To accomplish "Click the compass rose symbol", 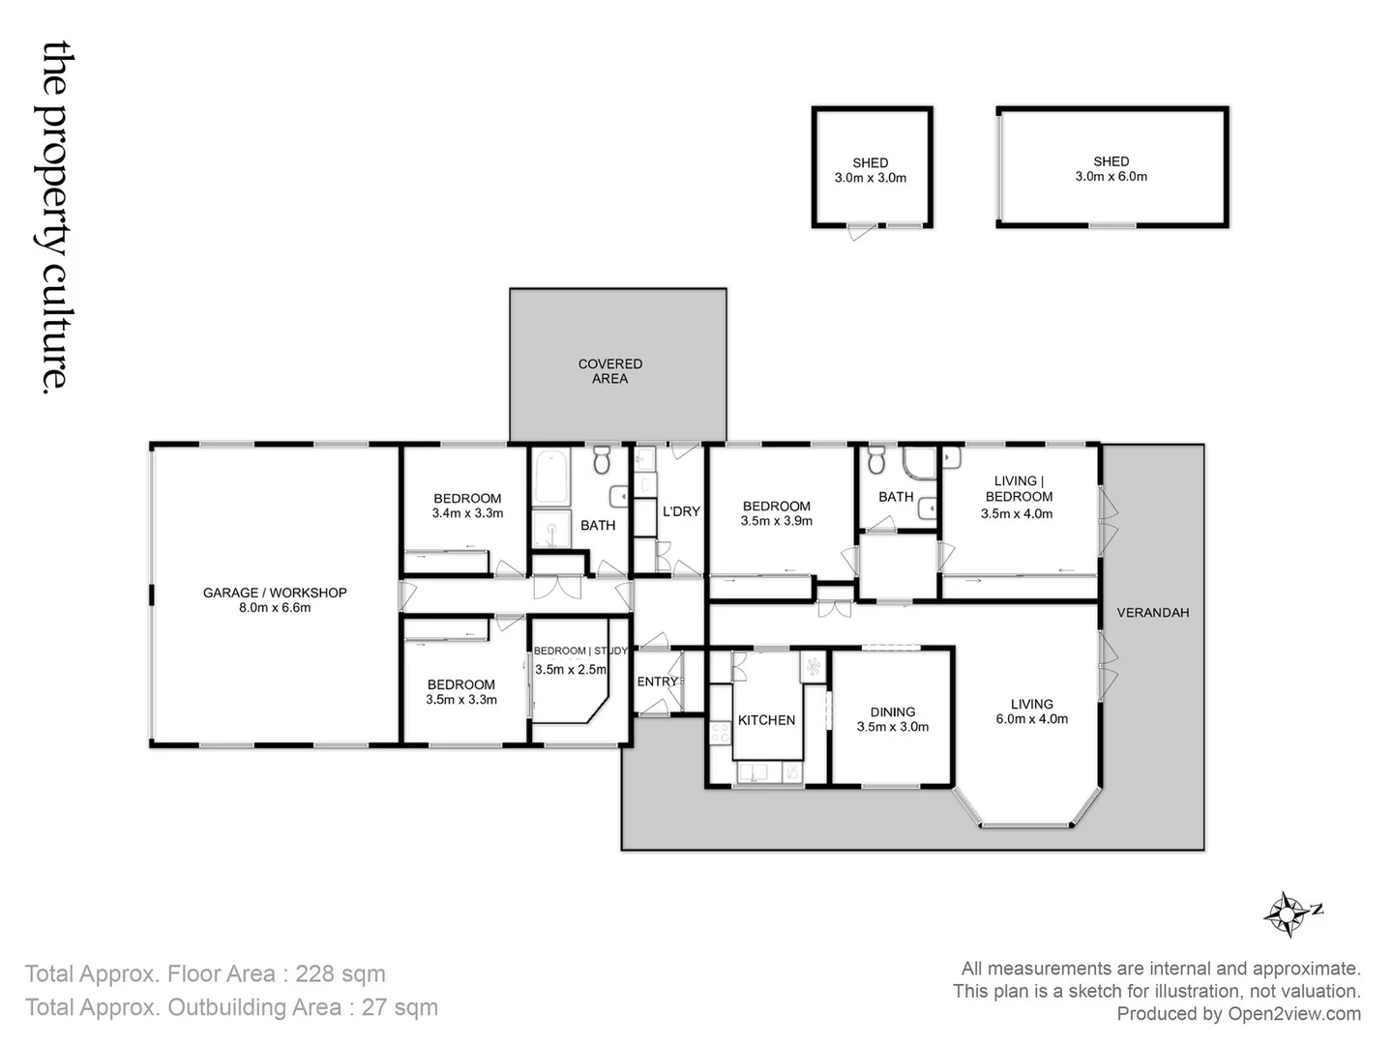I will [1288, 913].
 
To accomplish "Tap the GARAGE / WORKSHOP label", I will [275, 593].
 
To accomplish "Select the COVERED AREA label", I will [609, 371].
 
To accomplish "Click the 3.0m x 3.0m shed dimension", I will [870, 178].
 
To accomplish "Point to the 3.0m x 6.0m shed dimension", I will [1111, 177].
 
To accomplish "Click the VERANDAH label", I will [1152, 612].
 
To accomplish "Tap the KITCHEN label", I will [766, 720].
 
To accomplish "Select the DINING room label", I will [892, 711].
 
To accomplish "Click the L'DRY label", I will [680, 511].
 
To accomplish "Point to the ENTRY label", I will [658, 681].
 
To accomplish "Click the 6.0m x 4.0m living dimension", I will [1031, 719].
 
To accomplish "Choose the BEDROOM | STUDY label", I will [580, 651].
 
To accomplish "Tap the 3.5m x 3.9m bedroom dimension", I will [776, 521].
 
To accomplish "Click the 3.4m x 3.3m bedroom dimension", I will [467, 513].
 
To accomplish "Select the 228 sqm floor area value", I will [340, 973].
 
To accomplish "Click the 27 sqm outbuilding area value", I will [399, 1007].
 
